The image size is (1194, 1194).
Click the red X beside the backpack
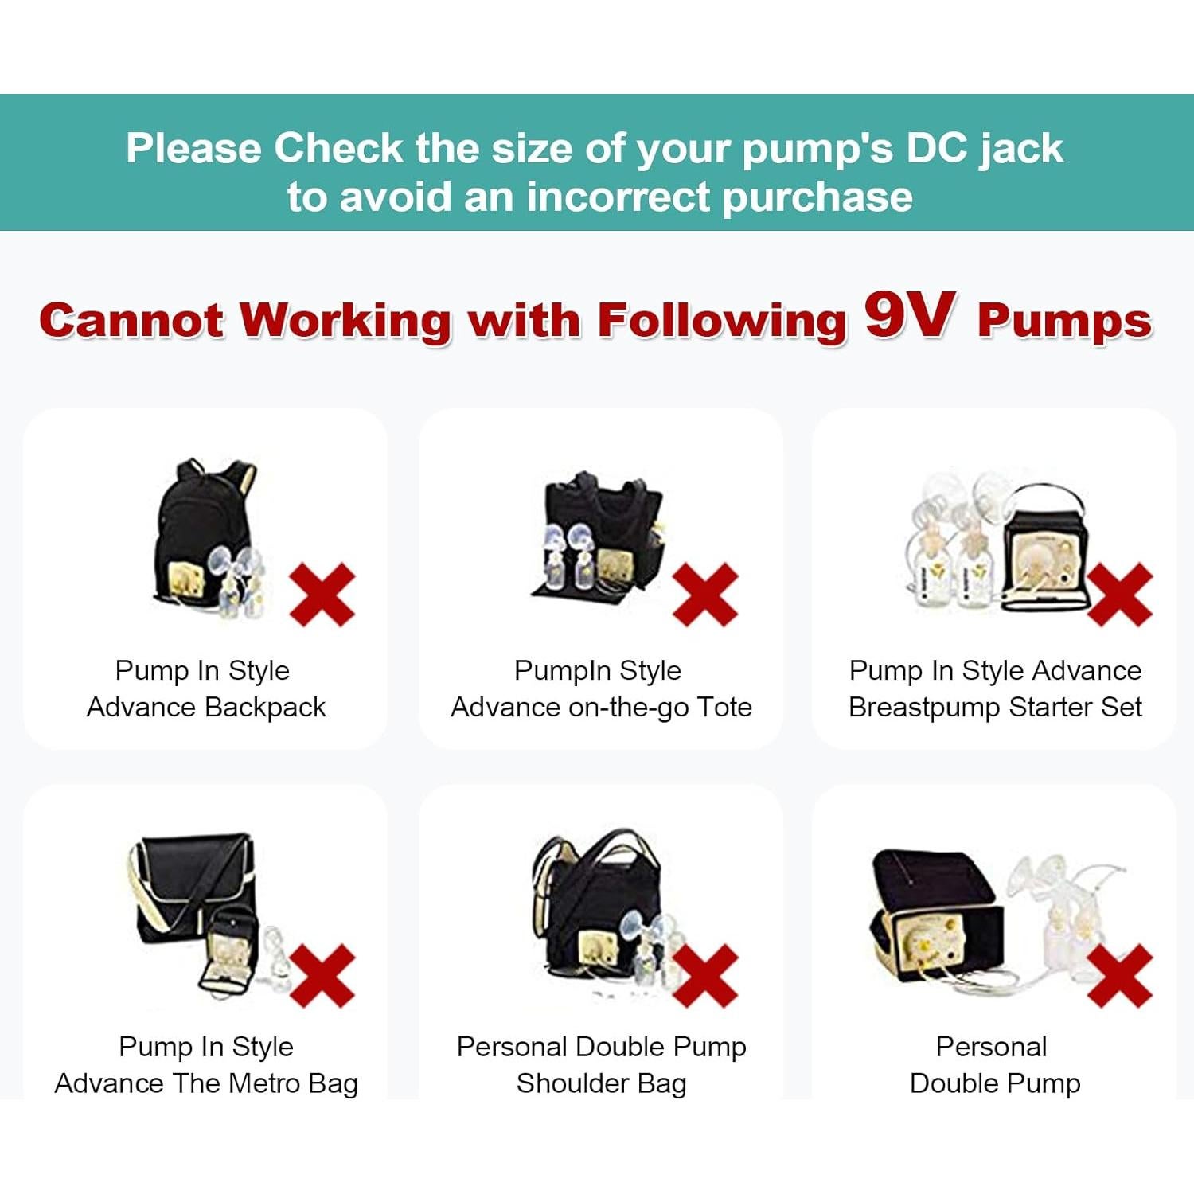(322, 594)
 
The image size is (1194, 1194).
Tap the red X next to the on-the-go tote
(705, 594)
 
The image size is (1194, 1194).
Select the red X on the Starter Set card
(1119, 594)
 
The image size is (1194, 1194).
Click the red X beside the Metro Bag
(322, 975)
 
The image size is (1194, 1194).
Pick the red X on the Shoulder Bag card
(705, 975)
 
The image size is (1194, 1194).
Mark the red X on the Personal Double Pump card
(1119, 975)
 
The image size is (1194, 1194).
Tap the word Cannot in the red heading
(131, 321)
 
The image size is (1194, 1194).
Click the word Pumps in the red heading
(1064, 321)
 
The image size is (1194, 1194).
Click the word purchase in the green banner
(817, 197)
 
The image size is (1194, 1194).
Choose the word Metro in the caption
(257, 1083)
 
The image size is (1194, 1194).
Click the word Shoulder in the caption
(563, 1083)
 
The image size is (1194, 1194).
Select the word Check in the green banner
(339, 149)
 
